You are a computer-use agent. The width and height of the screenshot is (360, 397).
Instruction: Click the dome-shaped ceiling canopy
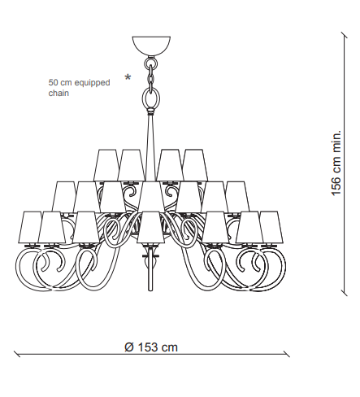tap(151, 46)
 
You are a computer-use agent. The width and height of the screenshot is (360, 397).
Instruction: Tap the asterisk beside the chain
tap(128, 77)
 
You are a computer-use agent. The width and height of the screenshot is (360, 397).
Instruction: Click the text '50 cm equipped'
tap(79, 83)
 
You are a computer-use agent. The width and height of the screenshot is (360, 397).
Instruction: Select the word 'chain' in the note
tap(59, 93)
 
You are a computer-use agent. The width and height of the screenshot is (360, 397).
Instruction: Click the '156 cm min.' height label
tap(336, 163)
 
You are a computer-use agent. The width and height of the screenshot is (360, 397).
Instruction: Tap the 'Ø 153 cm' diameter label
tap(151, 347)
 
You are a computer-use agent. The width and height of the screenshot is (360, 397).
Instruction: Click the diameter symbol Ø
tap(129, 347)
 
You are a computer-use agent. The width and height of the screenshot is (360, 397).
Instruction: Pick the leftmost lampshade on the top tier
tap(106, 165)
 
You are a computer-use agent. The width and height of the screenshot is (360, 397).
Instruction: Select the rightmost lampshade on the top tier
tap(195, 165)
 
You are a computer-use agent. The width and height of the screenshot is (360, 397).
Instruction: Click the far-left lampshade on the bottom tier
tap(32, 227)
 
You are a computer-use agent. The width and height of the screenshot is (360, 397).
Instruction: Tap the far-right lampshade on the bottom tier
tap(271, 227)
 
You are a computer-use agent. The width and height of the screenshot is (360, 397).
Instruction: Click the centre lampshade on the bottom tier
tap(151, 227)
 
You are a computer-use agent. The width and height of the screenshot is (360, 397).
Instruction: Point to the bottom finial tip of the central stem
tap(151, 290)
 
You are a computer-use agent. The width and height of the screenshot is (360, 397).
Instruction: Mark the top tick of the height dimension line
tap(345, 36)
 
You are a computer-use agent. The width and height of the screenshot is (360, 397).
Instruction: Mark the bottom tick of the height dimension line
tap(345, 292)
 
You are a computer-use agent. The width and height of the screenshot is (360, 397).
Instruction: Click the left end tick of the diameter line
tap(17, 354)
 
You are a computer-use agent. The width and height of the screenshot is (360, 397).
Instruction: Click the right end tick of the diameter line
tap(286, 354)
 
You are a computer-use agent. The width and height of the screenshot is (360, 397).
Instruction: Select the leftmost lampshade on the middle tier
tap(64, 197)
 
